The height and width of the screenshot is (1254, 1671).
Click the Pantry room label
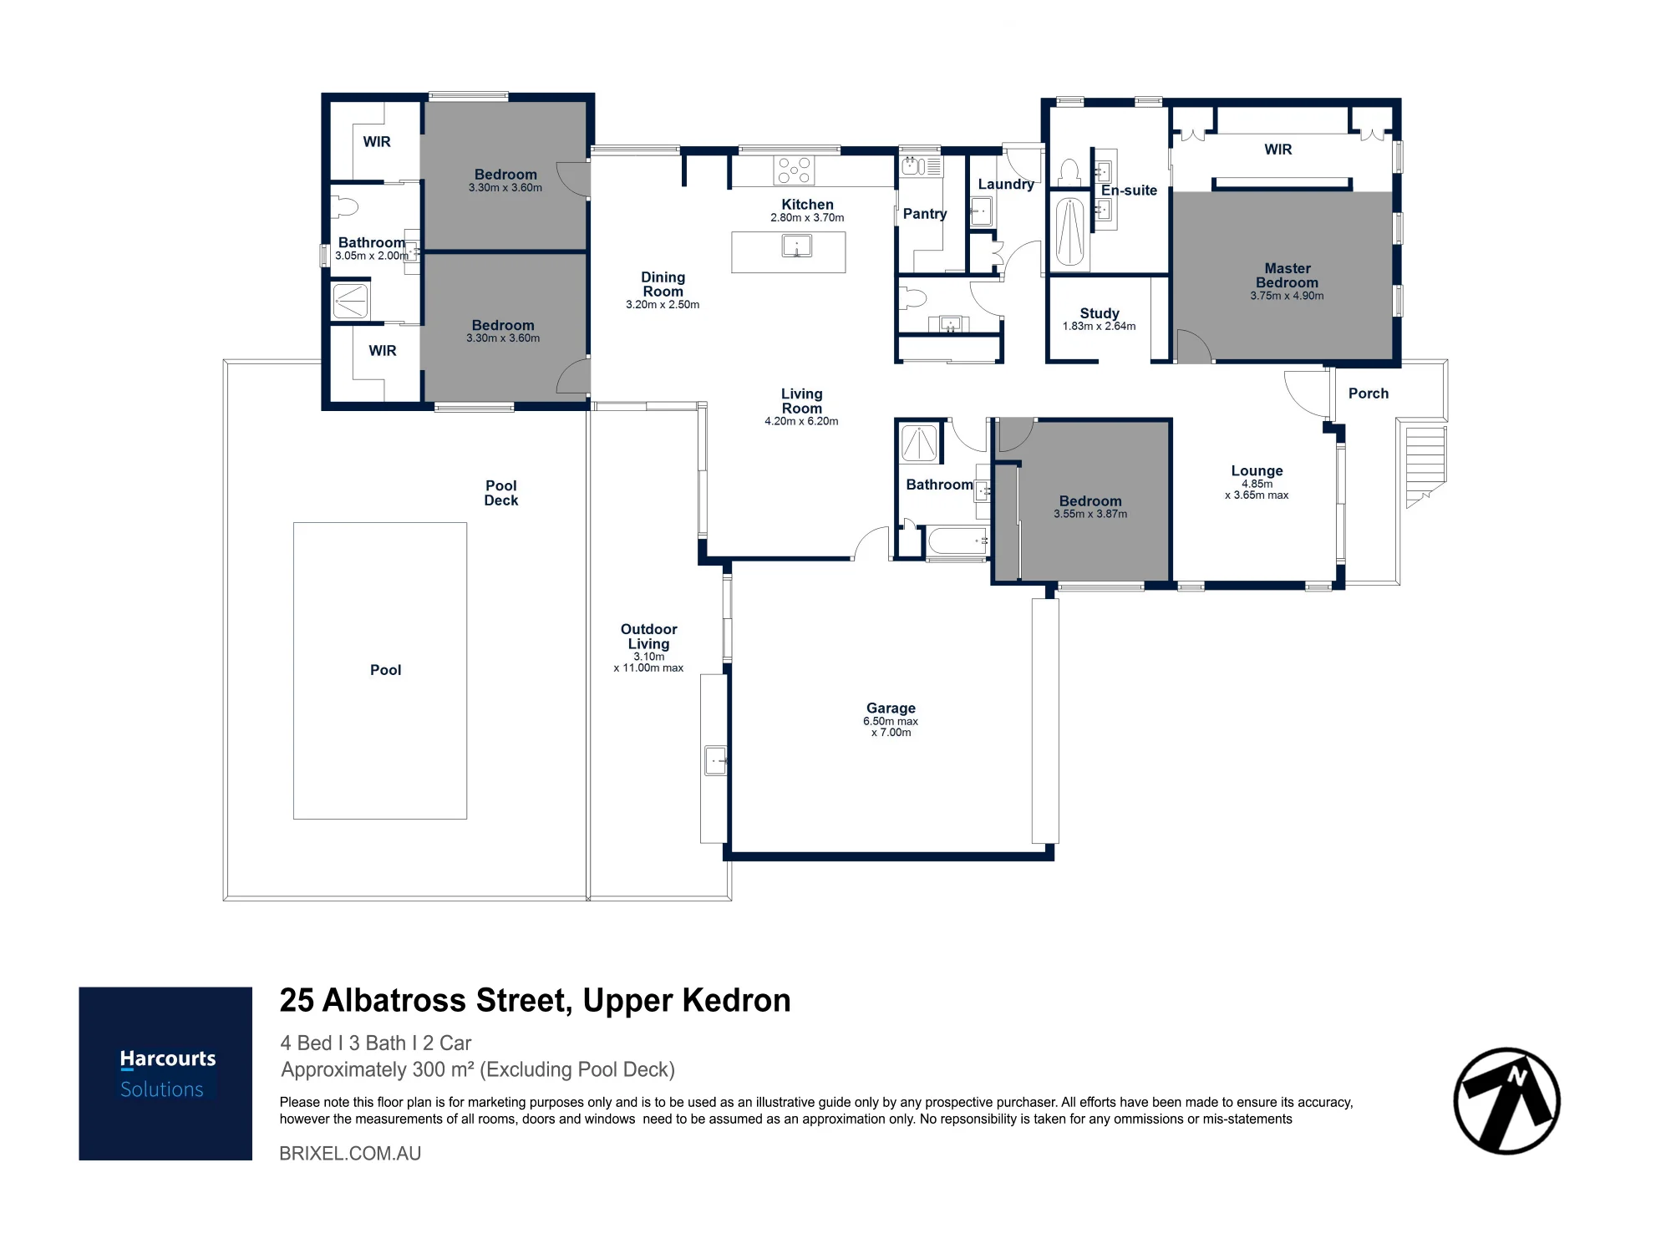click(925, 214)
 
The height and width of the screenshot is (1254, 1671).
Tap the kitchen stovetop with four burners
click(794, 170)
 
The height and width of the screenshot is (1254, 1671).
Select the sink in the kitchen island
click(796, 246)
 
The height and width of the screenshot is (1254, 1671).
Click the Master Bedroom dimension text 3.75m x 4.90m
click(1287, 296)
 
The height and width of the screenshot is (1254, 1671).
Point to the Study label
click(1100, 313)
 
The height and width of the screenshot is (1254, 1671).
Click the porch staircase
click(1426, 466)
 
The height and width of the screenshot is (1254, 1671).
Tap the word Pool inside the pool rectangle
click(385, 670)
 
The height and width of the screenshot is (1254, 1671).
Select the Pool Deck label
click(501, 493)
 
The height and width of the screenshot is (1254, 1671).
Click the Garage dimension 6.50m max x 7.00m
click(891, 727)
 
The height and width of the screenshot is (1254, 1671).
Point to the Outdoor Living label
click(649, 637)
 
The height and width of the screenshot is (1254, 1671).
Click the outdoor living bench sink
click(716, 761)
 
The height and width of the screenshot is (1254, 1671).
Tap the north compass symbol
click(1507, 1101)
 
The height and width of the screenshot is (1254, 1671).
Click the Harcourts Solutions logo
click(165, 1074)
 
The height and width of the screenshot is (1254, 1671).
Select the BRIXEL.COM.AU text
click(350, 1154)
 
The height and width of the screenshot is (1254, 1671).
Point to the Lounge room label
click(1257, 471)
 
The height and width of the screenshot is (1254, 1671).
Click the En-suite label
click(1129, 190)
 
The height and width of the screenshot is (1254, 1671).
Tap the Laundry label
click(1006, 185)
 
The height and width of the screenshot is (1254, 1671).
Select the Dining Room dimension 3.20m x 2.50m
click(663, 305)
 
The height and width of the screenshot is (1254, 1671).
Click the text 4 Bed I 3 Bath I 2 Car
click(376, 1043)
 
